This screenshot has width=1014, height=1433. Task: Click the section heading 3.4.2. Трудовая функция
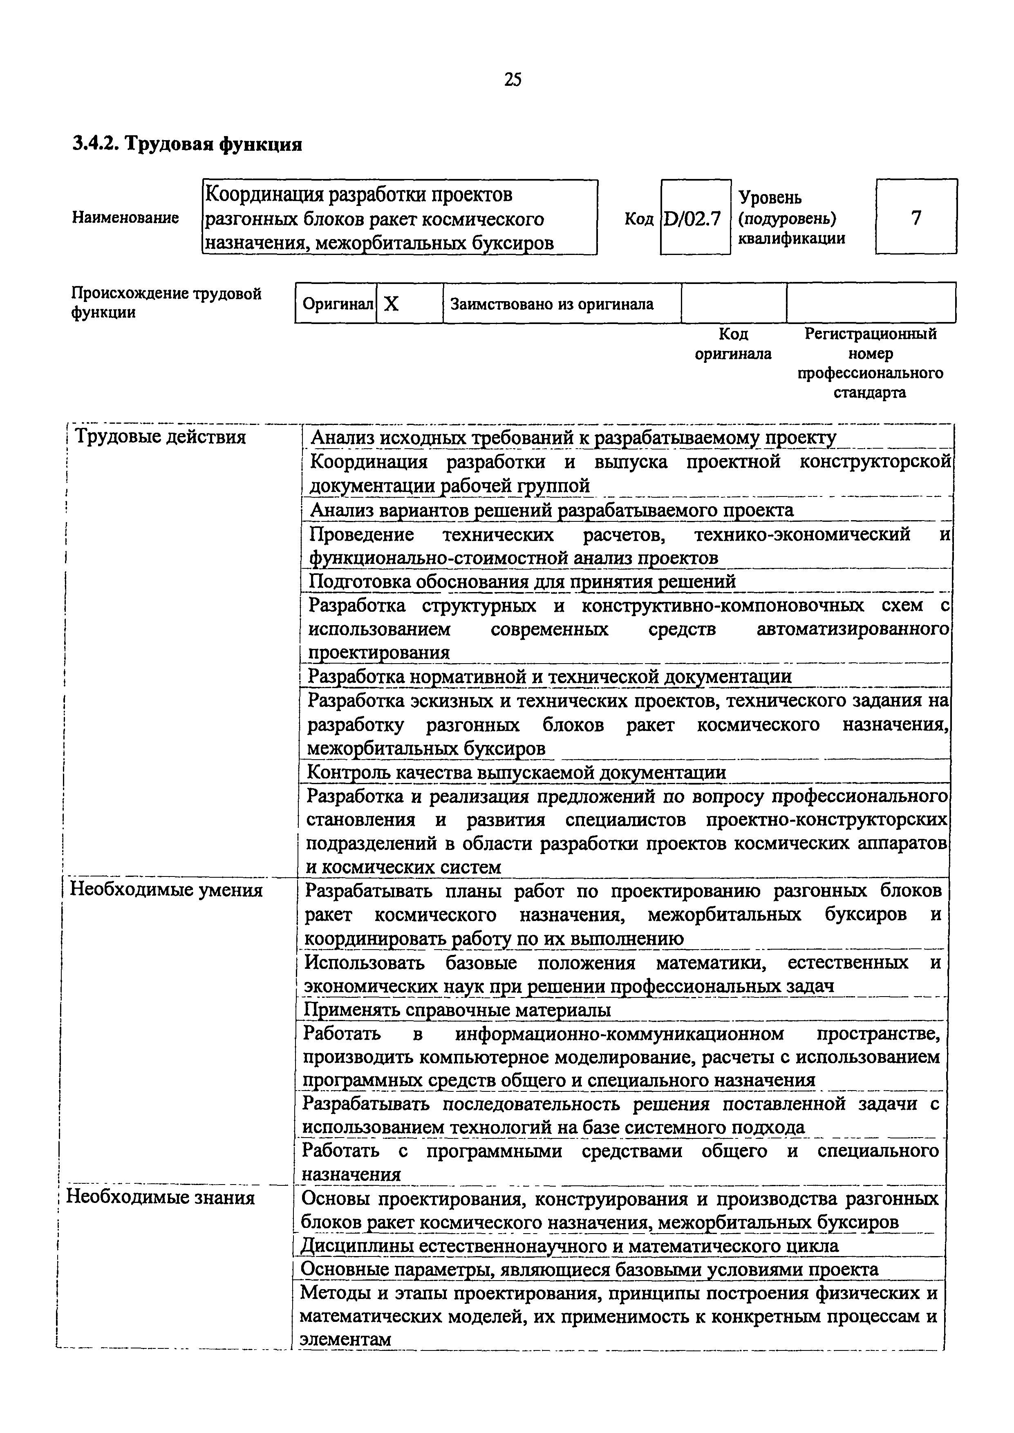187,144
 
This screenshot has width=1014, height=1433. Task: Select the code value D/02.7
693,219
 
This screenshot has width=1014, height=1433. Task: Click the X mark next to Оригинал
392,304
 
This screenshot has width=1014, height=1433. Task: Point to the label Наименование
125,218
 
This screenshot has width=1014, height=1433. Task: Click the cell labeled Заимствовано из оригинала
551,304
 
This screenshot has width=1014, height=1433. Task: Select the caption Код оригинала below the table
733,344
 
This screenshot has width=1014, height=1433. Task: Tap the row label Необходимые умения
166,890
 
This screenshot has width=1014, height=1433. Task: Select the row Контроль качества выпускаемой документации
516,773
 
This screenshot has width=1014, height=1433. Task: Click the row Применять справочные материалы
457,1010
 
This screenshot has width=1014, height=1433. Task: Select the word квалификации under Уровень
792,238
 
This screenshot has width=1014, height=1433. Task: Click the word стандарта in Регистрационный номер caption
870,393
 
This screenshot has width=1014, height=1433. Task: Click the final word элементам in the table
345,1339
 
